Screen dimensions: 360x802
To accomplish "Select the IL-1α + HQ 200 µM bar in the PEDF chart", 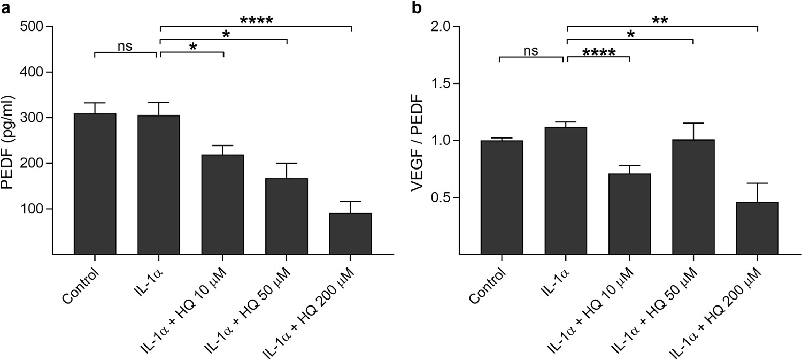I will click(x=350, y=233).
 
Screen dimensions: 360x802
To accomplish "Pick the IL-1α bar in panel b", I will click(x=566, y=190).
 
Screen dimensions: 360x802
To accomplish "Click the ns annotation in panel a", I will click(x=125, y=47).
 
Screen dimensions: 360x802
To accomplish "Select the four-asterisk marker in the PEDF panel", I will click(x=256, y=21).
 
